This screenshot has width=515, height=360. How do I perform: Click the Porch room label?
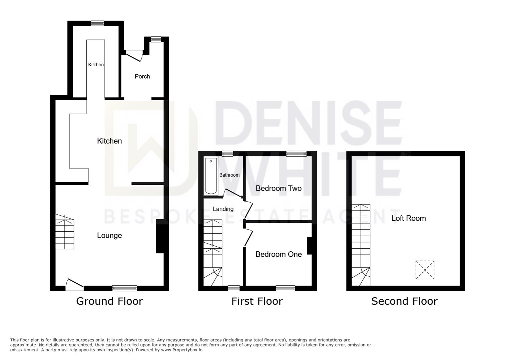pos(142,76)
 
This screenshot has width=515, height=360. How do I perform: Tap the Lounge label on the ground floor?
pos(109,235)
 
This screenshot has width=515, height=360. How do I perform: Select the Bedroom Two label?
pos(279,188)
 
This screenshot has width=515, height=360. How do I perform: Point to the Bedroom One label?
pos(279,254)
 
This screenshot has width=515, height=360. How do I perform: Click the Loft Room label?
pos(409,218)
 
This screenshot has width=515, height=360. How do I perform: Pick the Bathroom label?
pos(229,175)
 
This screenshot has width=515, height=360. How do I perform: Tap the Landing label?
pos(223,209)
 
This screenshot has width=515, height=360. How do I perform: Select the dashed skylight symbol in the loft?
pos(425,270)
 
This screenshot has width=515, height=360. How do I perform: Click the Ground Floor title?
pos(109,301)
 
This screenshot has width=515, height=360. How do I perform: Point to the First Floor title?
pos(257,301)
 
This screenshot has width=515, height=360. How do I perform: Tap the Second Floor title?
pos(404,301)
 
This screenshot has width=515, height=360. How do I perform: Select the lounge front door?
pos(74,284)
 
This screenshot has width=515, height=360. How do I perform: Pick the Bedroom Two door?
pos(248,210)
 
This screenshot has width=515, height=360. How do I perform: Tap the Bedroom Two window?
pos(297,154)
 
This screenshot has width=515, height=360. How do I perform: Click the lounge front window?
pos(125,288)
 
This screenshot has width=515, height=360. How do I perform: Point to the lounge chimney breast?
pos(160,236)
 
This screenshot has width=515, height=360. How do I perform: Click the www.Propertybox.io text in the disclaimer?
pos(182,350)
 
